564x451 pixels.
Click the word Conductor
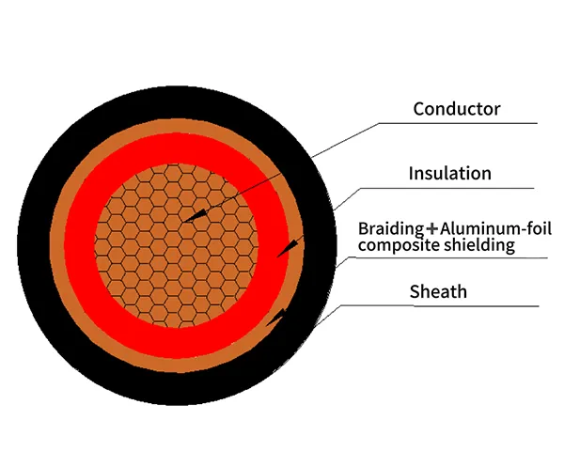[457, 109]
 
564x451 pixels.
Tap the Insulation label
[449, 173]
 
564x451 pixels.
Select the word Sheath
[438, 291]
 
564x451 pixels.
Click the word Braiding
[391, 229]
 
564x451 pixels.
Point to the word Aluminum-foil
[495, 228]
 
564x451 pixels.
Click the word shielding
[479, 245]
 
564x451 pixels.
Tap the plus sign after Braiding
[432, 228]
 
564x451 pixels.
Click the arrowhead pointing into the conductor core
[195, 215]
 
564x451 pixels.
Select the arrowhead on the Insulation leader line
[289, 247]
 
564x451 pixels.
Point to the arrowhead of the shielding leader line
[275, 318]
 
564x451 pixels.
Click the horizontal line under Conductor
[458, 123]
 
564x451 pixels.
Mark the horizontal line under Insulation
[447, 188]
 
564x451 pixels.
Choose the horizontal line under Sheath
[440, 305]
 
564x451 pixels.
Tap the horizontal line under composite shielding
[448, 257]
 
